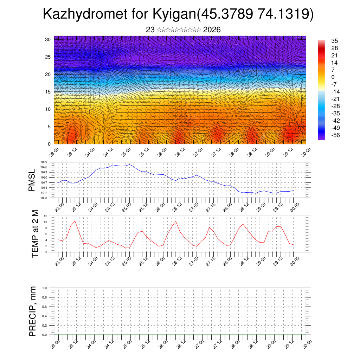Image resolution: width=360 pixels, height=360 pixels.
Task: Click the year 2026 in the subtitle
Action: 212,30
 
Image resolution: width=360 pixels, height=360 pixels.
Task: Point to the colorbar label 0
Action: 333,77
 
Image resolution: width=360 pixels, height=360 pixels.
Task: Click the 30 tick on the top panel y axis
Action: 48,39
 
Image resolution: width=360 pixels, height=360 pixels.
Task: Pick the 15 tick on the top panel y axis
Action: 48,92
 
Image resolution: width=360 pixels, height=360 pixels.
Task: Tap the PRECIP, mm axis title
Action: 33,311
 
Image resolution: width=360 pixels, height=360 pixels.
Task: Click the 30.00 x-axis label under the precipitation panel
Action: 307,343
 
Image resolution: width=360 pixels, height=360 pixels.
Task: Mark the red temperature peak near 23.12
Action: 75,221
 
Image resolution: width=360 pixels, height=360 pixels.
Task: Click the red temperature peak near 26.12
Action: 175,221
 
